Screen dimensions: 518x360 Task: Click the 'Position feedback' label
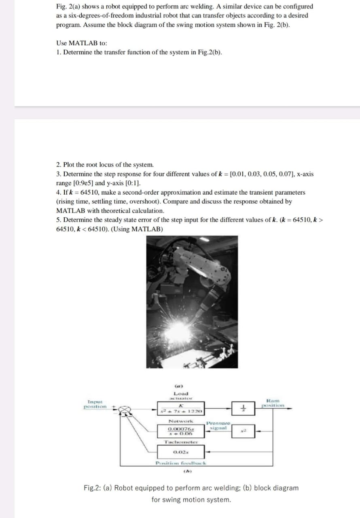pos(181,463)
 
